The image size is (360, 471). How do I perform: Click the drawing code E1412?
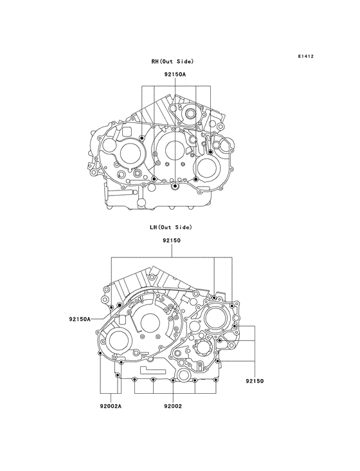point(306,56)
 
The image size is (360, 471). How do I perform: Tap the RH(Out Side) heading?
point(172,62)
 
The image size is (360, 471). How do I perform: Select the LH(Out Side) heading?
point(171,227)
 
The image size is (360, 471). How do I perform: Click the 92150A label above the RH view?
point(175,75)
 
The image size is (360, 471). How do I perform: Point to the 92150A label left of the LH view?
point(80,319)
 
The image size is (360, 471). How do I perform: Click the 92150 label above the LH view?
point(172,240)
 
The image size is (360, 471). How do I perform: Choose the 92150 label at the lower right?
point(255,381)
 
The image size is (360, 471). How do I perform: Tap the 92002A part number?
point(111,407)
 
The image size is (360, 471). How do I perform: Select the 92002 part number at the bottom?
point(173,407)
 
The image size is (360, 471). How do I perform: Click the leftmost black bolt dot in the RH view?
point(142,138)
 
